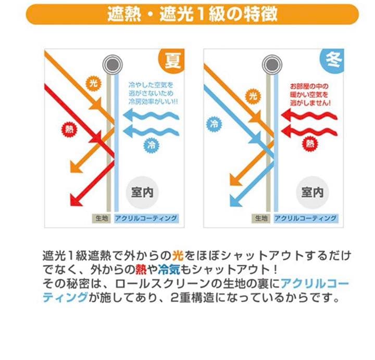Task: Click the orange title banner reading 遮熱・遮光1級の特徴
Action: (192, 14)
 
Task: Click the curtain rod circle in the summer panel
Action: (111, 66)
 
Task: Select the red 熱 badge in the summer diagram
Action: (70, 130)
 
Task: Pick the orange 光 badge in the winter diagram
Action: (253, 96)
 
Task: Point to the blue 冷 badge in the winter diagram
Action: (214, 124)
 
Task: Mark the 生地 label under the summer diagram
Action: (102, 218)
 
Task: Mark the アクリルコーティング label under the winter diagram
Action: (305, 218)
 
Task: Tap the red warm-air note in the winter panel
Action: (310, 95)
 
